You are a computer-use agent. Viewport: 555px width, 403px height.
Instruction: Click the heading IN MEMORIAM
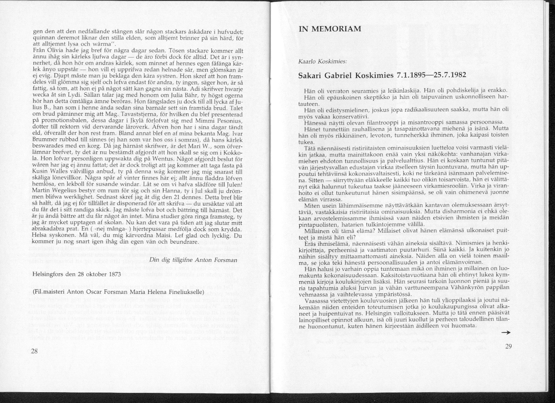[x=330, y=29]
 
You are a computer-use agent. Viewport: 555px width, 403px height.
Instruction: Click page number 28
[x=34, y=351]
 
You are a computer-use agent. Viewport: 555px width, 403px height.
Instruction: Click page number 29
[x=508, y=346]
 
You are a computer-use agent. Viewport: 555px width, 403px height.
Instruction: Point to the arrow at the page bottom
[x=505, y=332]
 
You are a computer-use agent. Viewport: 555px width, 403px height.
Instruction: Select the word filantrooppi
[x=366, y=123]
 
